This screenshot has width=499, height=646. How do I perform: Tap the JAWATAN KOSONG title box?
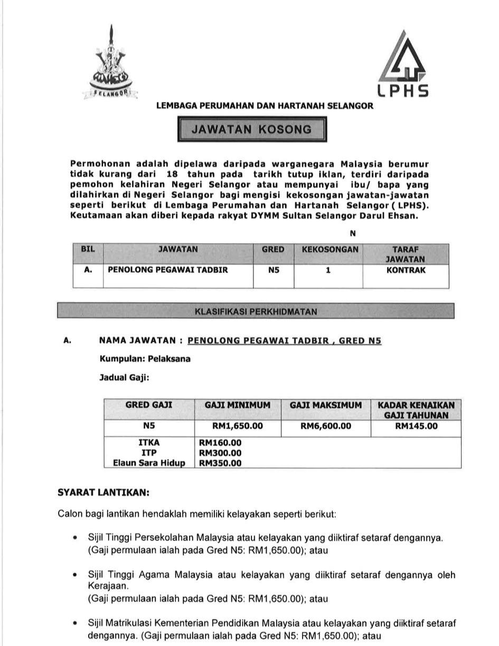coord(251,129)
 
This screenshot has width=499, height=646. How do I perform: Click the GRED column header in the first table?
coord(273,249)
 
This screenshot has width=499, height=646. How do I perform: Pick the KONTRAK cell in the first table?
coord(406,270)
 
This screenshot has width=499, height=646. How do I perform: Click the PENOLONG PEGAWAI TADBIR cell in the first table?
coord(168,270)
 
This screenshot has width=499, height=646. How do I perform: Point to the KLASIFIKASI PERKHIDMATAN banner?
coord(256,311)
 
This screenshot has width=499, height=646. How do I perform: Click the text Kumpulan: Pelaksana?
coord(145,359)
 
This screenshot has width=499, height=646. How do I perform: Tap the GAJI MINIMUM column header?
coord(237,405)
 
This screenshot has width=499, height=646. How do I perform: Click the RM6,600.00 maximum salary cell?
coord(325,426)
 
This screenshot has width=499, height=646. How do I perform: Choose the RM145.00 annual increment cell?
coord(416,426)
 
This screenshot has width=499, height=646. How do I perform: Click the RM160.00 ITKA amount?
coord(220,443)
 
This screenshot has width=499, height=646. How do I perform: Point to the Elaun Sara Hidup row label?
coord(149,463)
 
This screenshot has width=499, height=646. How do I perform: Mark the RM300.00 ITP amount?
coord(220,453)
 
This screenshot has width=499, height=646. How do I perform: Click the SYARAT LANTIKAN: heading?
coord(103,492)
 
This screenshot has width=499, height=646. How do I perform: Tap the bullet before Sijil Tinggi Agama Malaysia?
coord(76,575)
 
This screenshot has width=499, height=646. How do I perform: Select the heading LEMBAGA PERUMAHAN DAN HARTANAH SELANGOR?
coord(265,106)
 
